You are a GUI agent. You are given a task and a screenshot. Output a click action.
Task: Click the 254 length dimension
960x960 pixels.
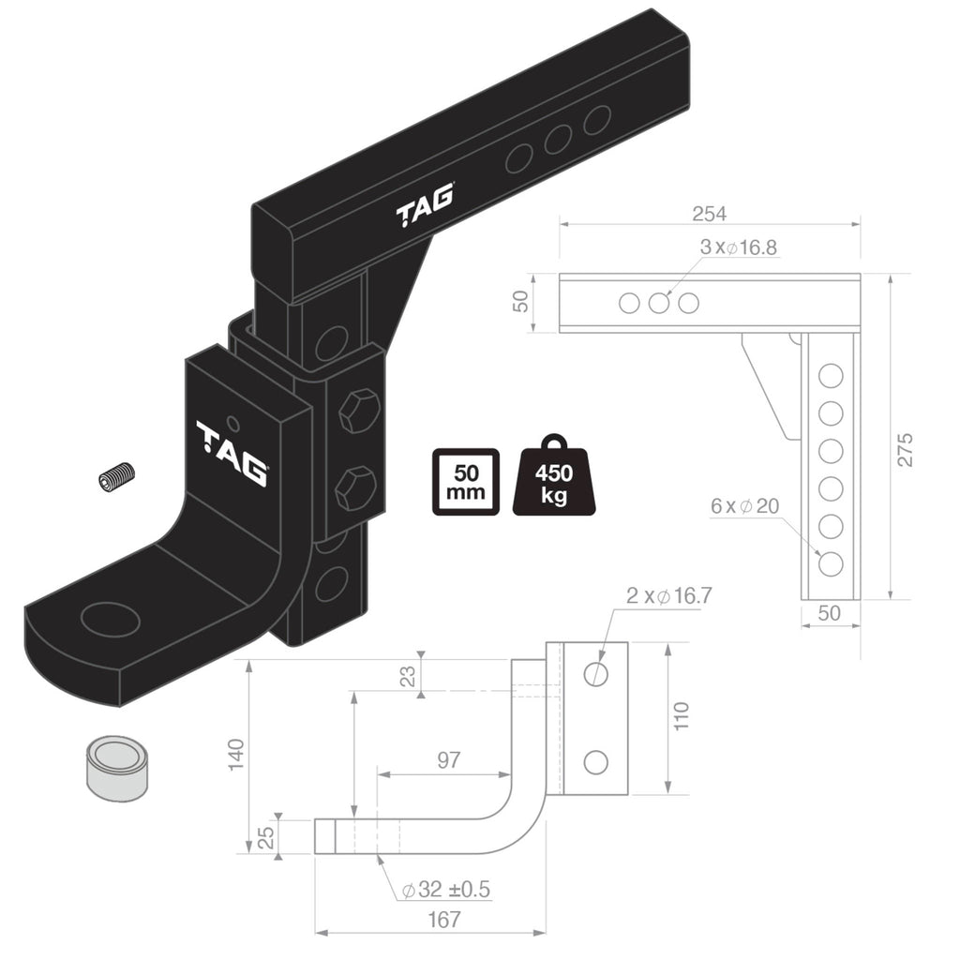pos(709,214)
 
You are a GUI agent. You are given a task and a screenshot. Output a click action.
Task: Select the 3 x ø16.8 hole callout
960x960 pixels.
pos(738,247)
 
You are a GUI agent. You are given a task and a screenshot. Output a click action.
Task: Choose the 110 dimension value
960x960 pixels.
pos(681,716)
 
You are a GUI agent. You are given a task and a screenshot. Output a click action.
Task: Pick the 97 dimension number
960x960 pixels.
pos(449,759)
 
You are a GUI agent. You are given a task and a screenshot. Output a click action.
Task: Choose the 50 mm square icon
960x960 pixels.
pos(464,481)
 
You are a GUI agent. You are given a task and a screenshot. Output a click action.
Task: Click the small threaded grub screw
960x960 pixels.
pos(117,475)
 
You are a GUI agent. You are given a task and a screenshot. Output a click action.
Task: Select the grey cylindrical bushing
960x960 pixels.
pos(117,767)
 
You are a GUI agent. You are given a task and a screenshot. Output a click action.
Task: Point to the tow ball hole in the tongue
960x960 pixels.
pos(110,620)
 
